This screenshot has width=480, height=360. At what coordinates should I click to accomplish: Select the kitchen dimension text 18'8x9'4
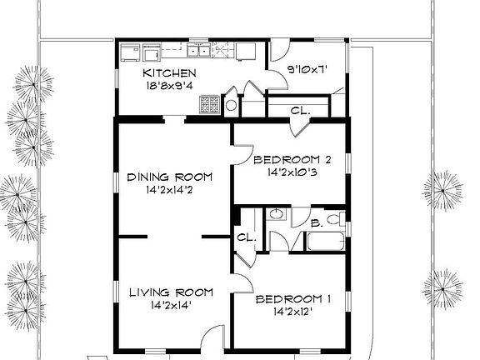coord(168,85)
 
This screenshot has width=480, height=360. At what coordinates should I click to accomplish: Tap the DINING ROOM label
coord(169,177)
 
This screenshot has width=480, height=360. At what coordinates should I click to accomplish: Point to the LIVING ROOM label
coord(171,292)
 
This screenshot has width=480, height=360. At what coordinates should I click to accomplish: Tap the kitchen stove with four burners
coord(209,104)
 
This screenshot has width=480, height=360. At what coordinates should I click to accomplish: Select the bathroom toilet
coord(335,220)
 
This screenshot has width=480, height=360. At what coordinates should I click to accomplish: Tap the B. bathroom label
coord(316,222)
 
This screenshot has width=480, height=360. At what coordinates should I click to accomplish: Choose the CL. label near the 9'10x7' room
coord(300,109)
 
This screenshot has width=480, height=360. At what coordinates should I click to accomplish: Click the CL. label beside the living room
coord(245,237)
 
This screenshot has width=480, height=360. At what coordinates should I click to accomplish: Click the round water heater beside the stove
coord(232,107)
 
